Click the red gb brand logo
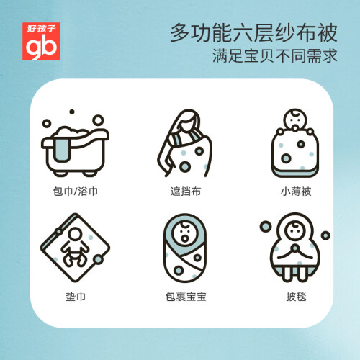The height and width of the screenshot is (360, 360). (x=41, y=41)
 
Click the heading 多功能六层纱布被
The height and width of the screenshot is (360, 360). (x=254, y=33)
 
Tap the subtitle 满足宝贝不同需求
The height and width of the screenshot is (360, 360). (x=275, y=56)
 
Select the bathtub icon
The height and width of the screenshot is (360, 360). (x=75, y=143)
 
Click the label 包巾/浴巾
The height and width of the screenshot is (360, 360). (x=76, y=192)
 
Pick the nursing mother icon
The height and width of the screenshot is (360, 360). (x=185, y=143)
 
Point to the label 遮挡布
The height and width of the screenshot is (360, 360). (x=186, y=192)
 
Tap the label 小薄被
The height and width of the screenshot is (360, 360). (x=296, y=192)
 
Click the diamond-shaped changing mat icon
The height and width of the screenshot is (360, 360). (x=75, y=248)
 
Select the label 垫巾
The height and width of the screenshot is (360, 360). (x=76, y=297)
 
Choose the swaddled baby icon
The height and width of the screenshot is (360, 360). (x=185, y=248)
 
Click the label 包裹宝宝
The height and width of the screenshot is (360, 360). (x=186, y=297)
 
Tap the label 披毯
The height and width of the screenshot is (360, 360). (x=296, y=297)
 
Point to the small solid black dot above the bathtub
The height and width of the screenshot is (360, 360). (x=72, y=112)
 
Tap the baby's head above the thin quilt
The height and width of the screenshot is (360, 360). (x=295, y=120)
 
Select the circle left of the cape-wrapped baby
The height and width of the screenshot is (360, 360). (x=266, y=227)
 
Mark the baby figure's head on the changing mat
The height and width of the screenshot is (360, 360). (x=75, y=233)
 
